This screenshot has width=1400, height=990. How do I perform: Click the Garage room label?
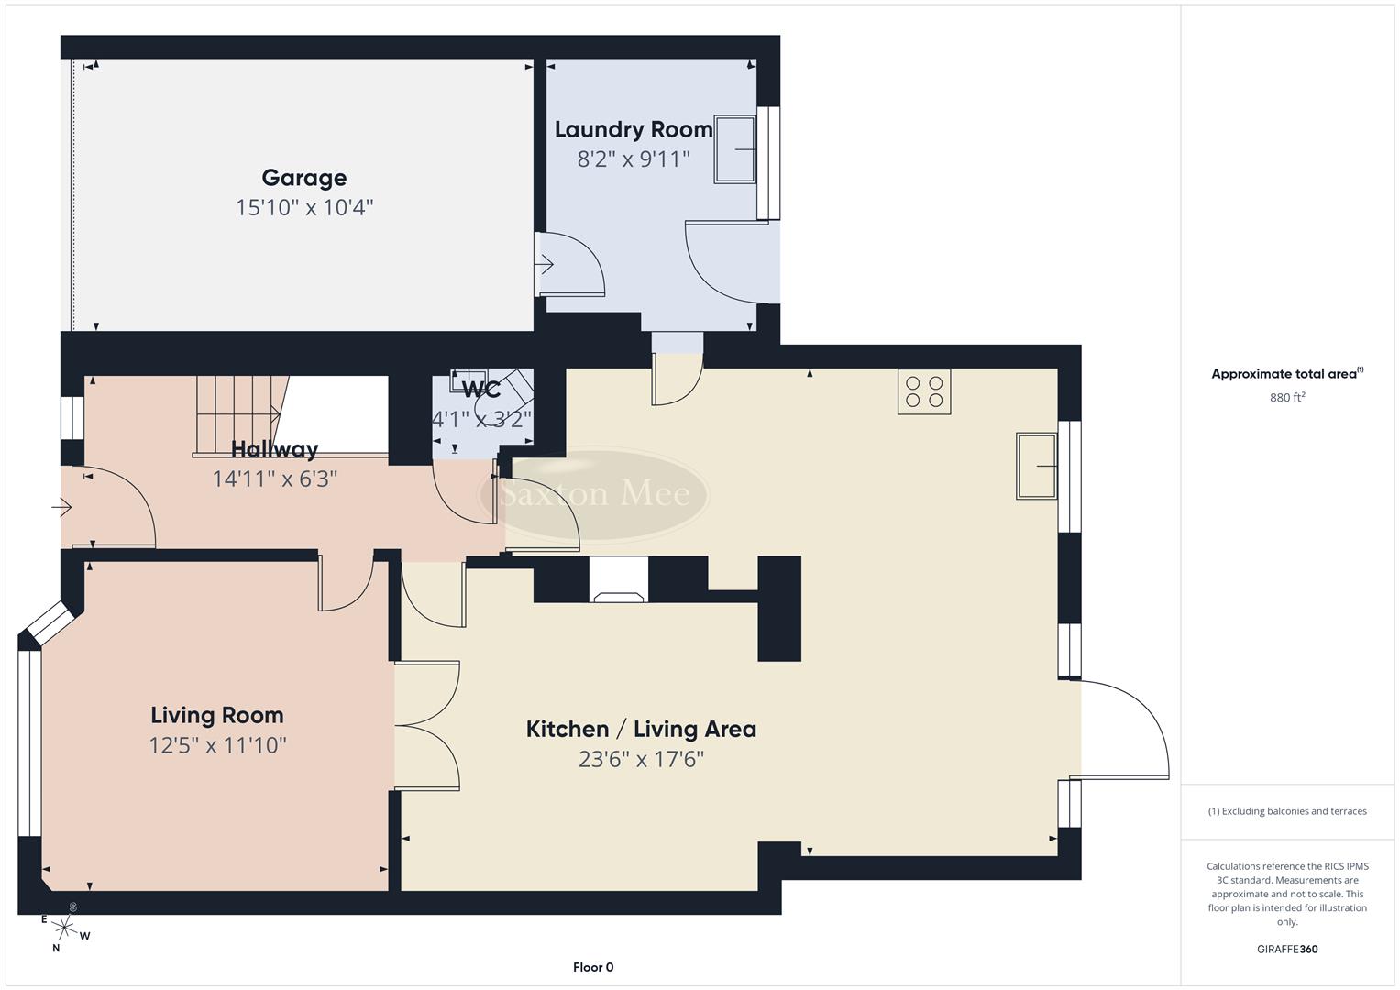pyautogui.click(x=303, y=178)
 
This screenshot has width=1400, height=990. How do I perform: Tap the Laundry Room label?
pyautogui.click(x=633, y=129)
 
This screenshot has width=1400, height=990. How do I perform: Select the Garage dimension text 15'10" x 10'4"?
pyautogui.click(x=303, y=208)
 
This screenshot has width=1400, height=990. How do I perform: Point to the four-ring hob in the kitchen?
pyautogui.click(x=924, y=391)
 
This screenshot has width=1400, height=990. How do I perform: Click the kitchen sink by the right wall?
pyautogui.click(x=1036, y=466)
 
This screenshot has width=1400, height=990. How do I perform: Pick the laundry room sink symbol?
pyautogui.click(x=735, y=149)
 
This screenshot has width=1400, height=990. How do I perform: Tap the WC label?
pyautogui.click(x=481, y=390)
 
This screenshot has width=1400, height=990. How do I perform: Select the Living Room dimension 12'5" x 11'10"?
pyautogui.click(x=217, y=745)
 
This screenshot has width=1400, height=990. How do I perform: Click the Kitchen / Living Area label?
pyautogui.click(x=641, y=730)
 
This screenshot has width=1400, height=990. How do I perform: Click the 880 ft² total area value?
pyautogui.click(x=1286, y=398)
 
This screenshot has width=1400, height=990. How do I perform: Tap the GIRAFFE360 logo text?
pyautogui.click(x=1287, y=950)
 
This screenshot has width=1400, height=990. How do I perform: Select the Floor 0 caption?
pyautogui.click(x=592, y=967)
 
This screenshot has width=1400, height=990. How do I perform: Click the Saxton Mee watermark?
pyautogui.click(x=594, y=495)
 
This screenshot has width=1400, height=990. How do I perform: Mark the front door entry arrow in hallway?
pyautogui.click(x=62, y=506)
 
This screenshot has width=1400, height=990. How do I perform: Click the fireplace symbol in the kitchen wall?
pyautogui.click(x=618, y=581)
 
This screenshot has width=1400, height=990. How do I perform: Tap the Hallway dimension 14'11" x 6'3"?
pyautogui.click(x=275, y=478)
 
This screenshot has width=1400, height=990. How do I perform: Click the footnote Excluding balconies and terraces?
pyautogui.click(x=1287, y=811)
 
